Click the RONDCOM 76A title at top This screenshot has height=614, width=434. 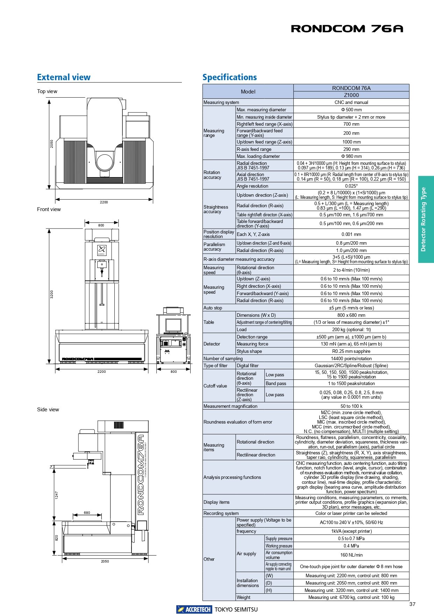tap(347, 29)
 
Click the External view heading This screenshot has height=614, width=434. tap(64, 77)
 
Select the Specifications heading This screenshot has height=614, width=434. tap(229, 77)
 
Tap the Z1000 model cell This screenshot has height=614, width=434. tap(351, 95)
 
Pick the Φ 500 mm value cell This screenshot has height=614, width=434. tap(351, 110)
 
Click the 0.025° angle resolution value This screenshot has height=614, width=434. tap(351, 186)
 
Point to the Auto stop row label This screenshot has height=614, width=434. tap(213, 308)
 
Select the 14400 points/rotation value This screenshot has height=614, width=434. tap(351, 358)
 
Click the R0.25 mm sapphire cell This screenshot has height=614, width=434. tap(351, 351)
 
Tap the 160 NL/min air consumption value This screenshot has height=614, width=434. tap(351, 555)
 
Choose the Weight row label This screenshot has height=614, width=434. tap(243, 597)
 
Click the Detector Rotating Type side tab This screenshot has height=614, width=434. tap(426, 219)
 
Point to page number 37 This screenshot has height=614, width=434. tap(412, 604)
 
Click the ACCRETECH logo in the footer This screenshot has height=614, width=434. tap(194, 609)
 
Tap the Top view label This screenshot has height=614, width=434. tap(47, 91)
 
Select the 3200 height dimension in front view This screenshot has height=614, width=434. tap(52, 294)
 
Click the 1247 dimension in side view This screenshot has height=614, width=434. tap(57, 495)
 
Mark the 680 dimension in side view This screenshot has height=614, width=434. tap(87, 512)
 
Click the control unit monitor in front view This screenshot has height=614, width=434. tap(173, 326)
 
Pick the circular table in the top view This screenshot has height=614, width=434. tap(105, 162)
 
